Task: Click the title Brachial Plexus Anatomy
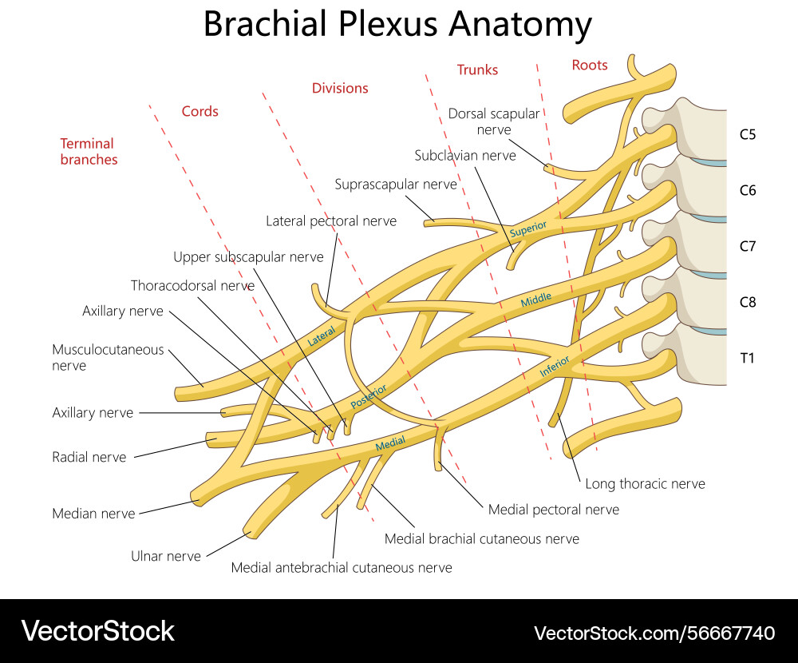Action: click(397, 24)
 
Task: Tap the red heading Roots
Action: click(590, 66)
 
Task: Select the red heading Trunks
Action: click(477, 70)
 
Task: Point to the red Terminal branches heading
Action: click(89, 152)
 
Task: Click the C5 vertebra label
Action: click(747, 134)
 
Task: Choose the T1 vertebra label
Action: click(747, 358)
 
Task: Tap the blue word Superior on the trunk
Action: click(528, 228)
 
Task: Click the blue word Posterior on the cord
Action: click(368, 397)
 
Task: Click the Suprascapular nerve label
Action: click(396, 185)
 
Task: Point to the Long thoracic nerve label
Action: click(645, 483)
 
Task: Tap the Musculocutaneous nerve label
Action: click(108, 357)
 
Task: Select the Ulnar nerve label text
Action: click(166, 556)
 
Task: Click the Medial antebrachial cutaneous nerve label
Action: click(342, 568)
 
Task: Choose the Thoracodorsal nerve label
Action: click(192, 285)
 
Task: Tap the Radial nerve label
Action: click(89, 457)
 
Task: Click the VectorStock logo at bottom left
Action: click(97, 631)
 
